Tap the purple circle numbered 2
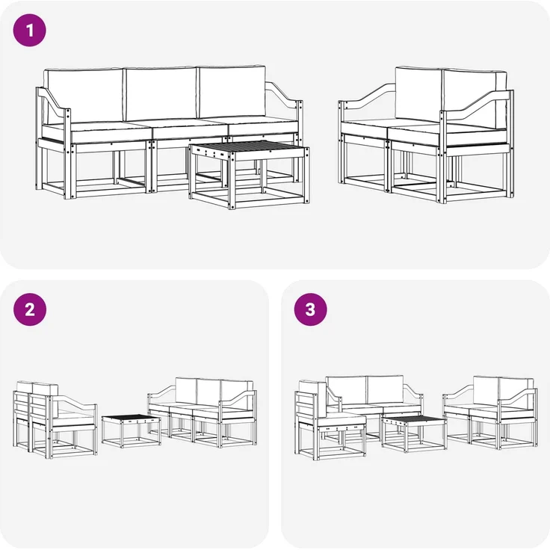tap(30, 310)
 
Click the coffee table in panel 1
tap(250, 176)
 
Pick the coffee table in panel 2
tap(132, 429)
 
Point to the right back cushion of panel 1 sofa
tap(232, 91)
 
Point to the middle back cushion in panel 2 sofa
tap(207, 390)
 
